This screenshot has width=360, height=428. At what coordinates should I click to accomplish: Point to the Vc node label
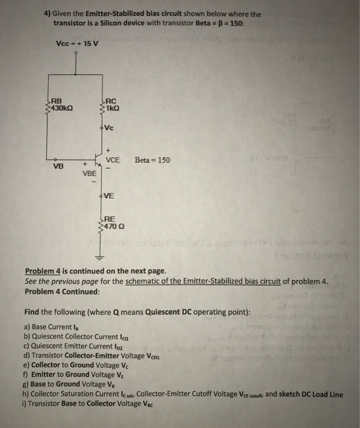(x=109, y=127)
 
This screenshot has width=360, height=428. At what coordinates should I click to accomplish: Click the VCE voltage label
(x=113, y=160)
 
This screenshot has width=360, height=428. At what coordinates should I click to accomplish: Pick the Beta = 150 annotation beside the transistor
(x=153, y=160)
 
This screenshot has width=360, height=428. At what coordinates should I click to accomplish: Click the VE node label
(x=109, y=196)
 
